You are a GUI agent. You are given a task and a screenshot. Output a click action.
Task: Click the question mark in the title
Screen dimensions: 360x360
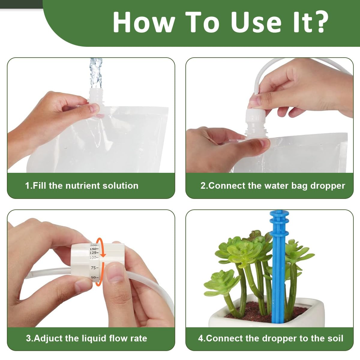coord(319,22)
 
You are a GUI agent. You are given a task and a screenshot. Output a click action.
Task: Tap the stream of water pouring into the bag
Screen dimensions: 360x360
coord(96,72)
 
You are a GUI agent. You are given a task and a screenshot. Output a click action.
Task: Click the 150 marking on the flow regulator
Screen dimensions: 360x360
coord(94,249)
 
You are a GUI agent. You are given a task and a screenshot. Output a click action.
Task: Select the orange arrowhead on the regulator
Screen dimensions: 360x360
coord(103,255)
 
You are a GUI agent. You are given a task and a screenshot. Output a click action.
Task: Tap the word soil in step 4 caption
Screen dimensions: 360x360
coord(335,338)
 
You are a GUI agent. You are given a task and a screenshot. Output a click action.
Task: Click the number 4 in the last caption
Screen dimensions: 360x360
coord(201,338)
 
